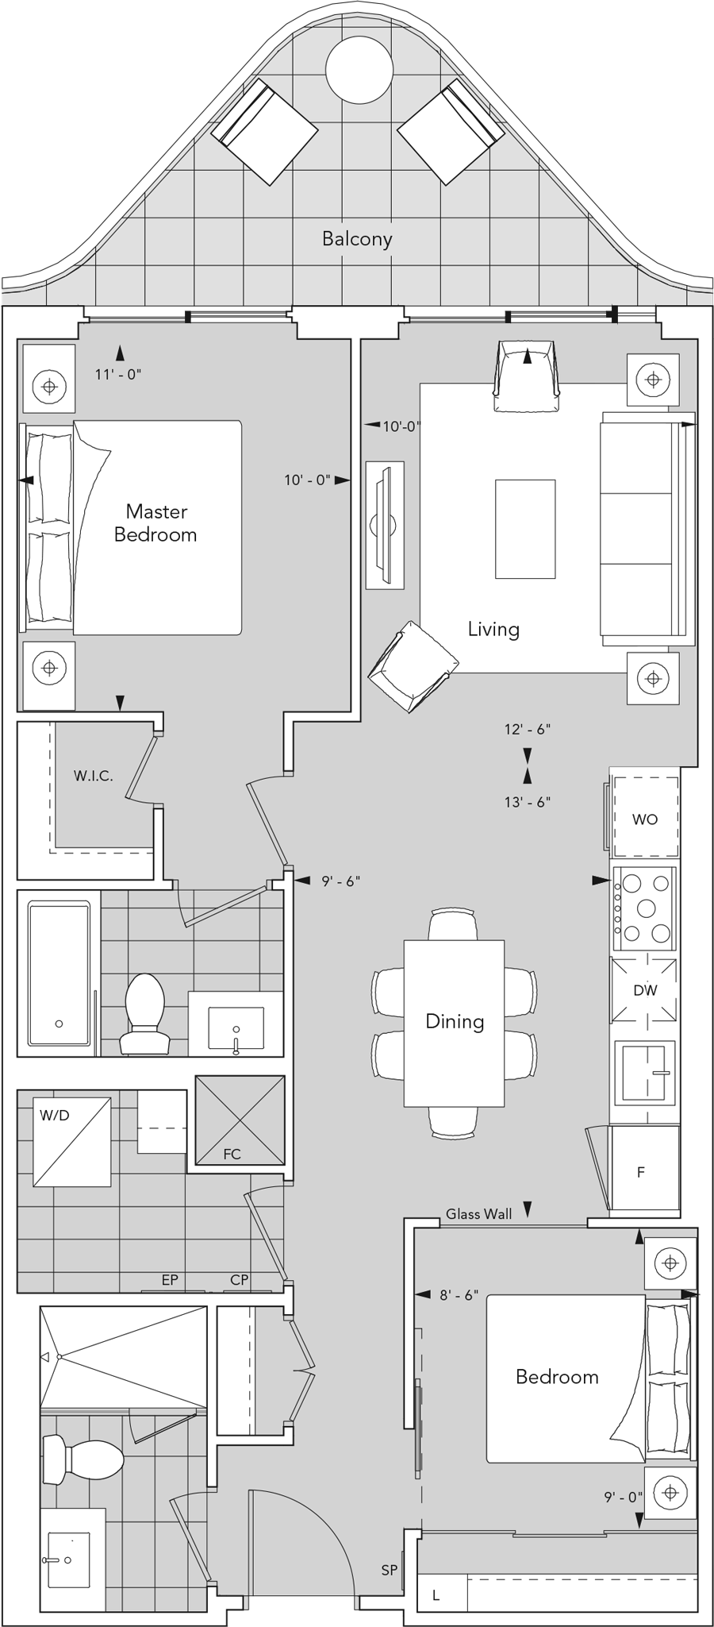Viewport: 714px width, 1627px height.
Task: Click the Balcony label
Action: [x=357, y=239]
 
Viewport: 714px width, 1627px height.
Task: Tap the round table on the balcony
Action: [x=359, y=69]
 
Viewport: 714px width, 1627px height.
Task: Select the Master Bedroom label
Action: [x=155, y=522]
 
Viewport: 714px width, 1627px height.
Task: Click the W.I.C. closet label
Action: [x=94, y=776]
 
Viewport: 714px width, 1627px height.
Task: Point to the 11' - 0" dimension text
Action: [x=118, y=374]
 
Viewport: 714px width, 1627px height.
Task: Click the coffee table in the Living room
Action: [x=525, y=528]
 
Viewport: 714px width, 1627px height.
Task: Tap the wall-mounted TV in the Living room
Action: [x=384, y=525]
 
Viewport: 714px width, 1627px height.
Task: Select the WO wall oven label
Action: [x=644, y=819]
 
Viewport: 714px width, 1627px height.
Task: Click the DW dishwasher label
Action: [x=645, y=990]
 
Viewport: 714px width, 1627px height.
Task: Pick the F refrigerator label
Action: [x=641, y=1171]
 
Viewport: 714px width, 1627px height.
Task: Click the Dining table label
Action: [x=455, y=1021]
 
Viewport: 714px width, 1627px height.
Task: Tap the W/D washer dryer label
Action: [x=55, y=1115]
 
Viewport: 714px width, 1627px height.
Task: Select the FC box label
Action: [x=232, y=1154]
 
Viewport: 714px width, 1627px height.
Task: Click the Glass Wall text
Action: [x=478, y=1213]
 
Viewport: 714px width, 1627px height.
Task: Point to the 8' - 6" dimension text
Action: [x=459, y=1294]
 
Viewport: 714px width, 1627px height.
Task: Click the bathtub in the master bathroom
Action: [x=59, y=972]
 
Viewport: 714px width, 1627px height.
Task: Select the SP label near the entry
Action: [x=389, y=1570]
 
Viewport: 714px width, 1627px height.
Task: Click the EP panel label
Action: [x=169, y=1279]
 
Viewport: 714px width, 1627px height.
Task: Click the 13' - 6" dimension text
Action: [x=527, y=802]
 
